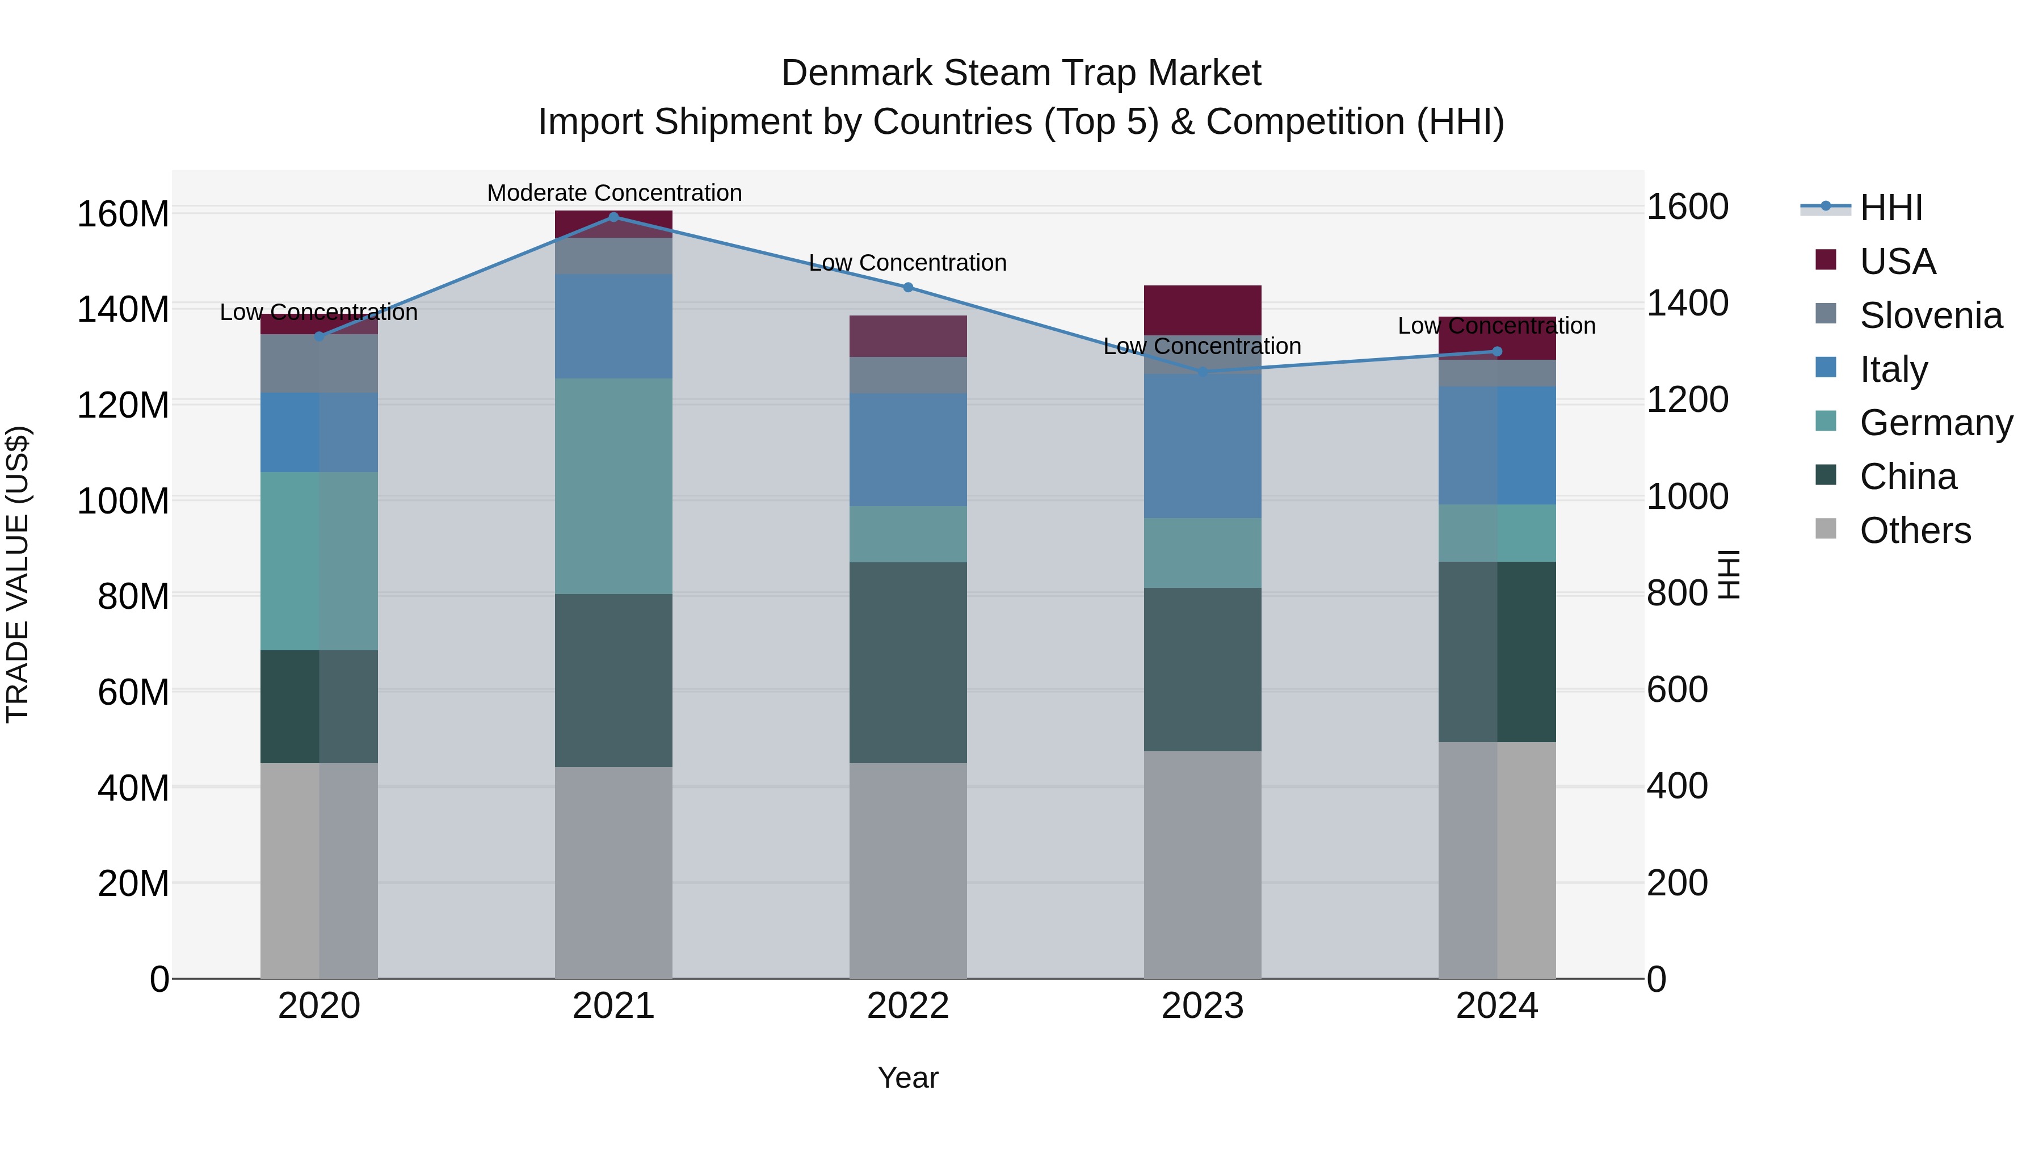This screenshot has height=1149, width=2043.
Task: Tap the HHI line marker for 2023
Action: pos(1203,371)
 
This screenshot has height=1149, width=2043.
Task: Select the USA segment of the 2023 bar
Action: pos(1203,309)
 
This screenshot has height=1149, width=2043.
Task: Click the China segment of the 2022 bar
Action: pos(908,662)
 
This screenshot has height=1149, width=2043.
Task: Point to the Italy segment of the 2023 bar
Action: pos(1203,445)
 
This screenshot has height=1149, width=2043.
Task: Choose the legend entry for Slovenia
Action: pos(1931,315)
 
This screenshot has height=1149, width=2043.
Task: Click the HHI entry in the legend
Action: pos(1891,208)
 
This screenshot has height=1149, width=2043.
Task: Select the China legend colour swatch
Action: pos(1825,476)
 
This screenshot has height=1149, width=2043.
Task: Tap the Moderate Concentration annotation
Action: pos(614,193)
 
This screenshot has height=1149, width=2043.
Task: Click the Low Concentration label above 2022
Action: pos(907,263)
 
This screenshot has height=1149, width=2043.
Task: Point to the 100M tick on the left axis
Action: pos(123,501)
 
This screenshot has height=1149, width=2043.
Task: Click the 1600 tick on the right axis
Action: pos(1687,207)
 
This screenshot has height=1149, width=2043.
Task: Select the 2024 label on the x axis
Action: pos(1496,1006)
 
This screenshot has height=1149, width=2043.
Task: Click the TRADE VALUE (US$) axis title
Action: pos(18,574)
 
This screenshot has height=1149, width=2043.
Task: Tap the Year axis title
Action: pos(907,1078)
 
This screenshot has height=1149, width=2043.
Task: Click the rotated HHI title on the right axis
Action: pos(1730,574)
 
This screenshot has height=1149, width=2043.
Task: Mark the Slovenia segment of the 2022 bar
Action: pos(908,375)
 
